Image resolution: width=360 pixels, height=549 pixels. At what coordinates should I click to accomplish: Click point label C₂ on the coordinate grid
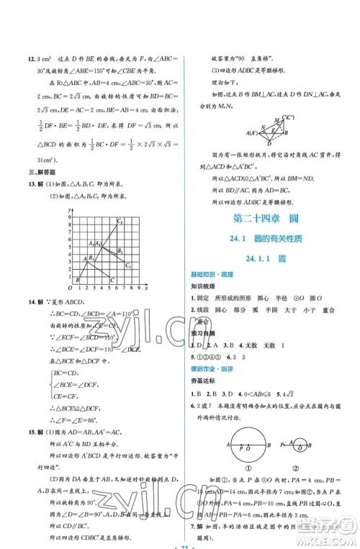pos(120,222)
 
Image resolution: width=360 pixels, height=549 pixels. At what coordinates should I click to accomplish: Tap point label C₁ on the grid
pos(127,266)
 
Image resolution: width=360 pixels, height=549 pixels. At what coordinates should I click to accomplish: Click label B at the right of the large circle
pos(270,445)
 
